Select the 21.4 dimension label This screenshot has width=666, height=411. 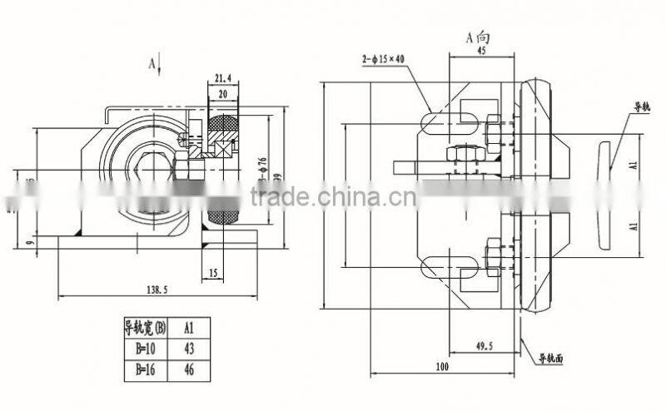point(222,79)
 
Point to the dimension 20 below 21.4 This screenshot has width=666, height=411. point(222,94)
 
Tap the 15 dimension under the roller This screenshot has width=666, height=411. point(214,272)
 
